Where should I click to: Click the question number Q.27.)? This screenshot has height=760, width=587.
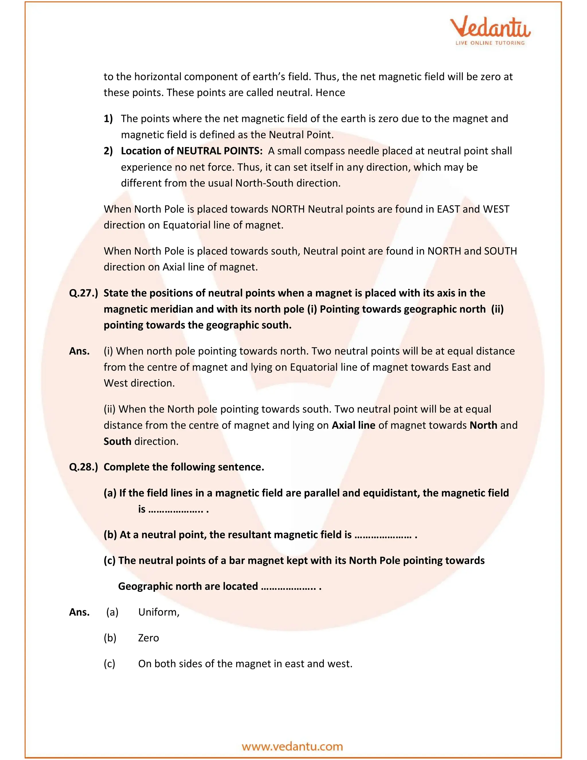click(x=83, y=293)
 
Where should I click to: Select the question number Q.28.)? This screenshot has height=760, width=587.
click(x=83, y=467)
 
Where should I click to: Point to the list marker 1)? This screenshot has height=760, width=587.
click(x=108, y=119)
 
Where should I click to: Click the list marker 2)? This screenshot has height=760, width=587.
click(x=108, y=151)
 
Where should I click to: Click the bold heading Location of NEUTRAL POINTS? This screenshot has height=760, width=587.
click(x=192, y=151)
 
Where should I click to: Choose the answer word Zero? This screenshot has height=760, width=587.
click(x=148, y=638)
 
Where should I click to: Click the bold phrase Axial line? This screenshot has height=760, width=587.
click(x=353, y=425)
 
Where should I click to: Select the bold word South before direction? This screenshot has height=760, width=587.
click(x=117, y=441)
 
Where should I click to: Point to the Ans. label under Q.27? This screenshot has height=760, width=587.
click(x=79, y=351)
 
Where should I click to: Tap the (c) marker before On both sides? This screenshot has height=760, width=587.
click(x=109, y=664)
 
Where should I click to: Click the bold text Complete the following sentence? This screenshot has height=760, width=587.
click(x=184, y=467)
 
